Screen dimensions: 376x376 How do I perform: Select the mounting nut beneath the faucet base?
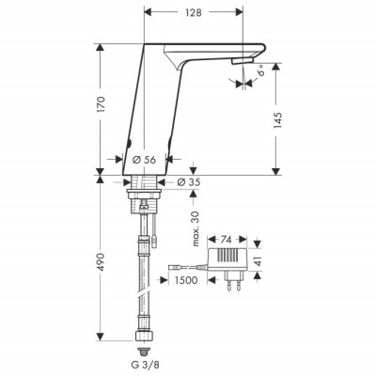pyautogui.click(x=143, y=187)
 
